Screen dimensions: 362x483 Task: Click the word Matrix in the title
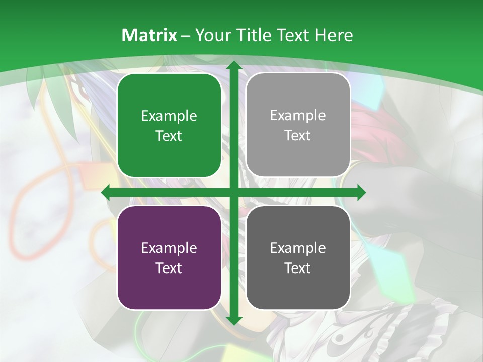149,35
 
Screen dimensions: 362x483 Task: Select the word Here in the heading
334,35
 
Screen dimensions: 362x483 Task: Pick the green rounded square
169,125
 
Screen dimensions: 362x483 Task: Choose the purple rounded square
169,257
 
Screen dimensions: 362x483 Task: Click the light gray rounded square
298,125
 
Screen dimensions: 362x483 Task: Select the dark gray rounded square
298,257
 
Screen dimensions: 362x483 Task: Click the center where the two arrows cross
233,192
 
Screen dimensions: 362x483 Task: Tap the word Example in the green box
169,116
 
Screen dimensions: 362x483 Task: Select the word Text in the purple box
169,268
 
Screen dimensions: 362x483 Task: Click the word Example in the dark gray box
298,248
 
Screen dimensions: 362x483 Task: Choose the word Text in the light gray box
298,136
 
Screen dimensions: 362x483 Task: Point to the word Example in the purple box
169,248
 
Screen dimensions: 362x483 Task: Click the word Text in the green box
169,136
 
